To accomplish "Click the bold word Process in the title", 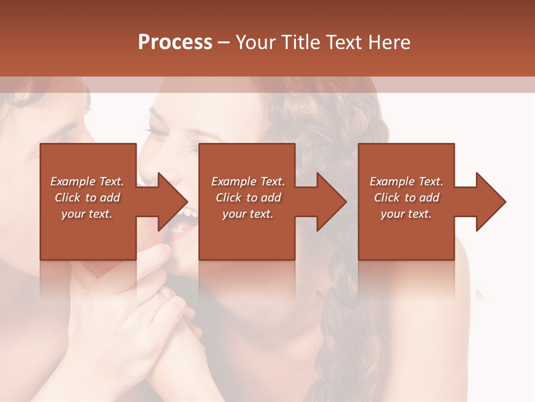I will coord(175,42).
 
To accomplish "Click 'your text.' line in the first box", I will coord(87,214).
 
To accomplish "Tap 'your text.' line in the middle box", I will coord(247,214).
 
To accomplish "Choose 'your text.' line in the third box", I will coord(406,214).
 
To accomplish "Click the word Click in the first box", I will coord(67,198).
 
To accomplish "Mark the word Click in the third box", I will coord(387,198).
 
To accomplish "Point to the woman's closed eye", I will coord(158,132).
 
